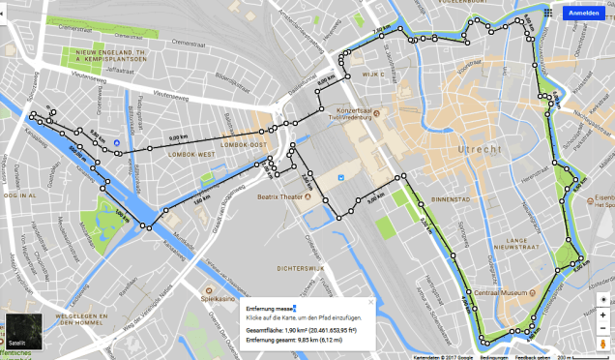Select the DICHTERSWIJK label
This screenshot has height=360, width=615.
tap(298, 267)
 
